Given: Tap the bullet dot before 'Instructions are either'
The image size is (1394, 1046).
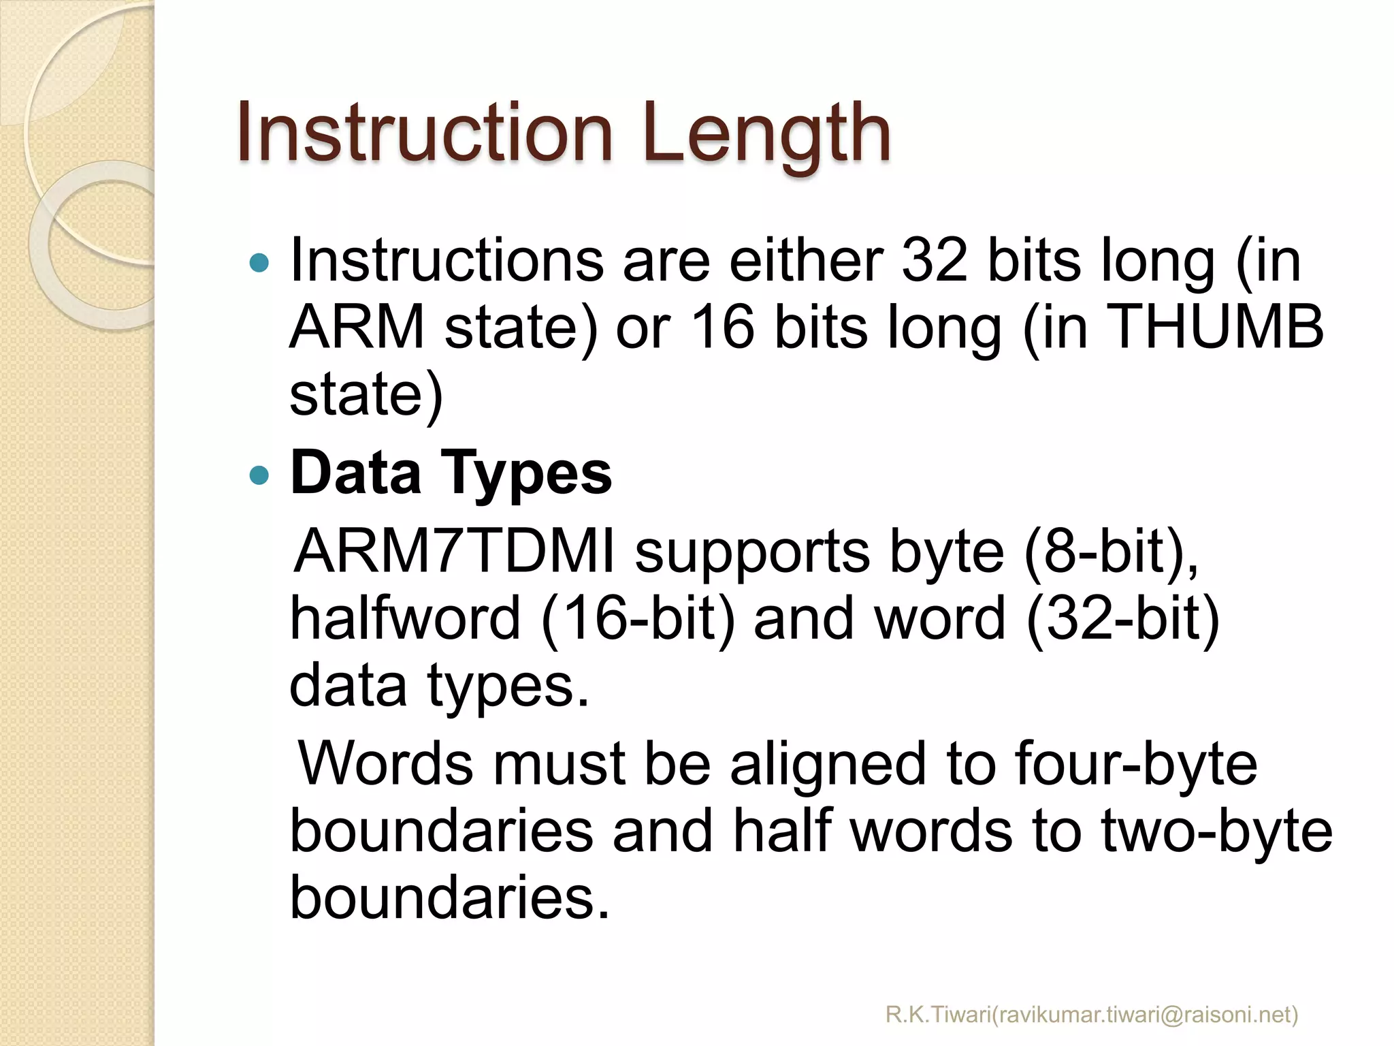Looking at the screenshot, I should point(259,262).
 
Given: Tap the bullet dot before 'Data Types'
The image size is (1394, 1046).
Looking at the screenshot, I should point(259,474).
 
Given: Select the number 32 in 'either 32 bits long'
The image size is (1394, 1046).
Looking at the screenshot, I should point(935,261).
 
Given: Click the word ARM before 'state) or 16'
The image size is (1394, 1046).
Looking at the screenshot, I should point(357,328).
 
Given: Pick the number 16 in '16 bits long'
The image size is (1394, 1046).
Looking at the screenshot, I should point(722,328).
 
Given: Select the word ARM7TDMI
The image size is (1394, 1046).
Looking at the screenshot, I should point(455,552).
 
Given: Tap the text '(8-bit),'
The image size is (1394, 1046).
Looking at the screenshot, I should point(1111,552).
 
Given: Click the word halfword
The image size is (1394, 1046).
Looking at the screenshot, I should point(406,618).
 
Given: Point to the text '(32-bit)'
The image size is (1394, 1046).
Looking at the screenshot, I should point(1122,618).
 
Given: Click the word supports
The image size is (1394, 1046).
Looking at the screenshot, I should point(753,552).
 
